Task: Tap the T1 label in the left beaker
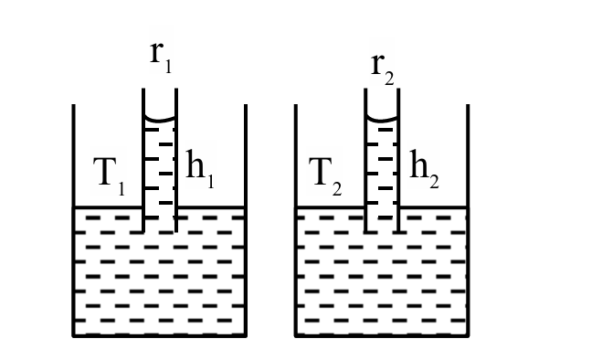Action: [111, 174]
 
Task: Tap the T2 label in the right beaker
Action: [327, 174]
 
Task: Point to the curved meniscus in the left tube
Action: [160, 122]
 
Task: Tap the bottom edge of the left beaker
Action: [160, 335]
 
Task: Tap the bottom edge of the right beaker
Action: [381, 335]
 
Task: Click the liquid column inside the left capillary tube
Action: [160, 174]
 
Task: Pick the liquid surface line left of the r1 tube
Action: [108, 207]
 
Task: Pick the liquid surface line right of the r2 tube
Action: [434, 207]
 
